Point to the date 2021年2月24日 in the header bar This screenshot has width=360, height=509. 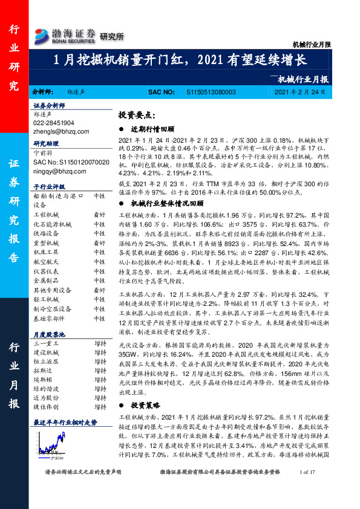point(299,92)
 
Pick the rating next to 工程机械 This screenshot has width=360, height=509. point(99,215)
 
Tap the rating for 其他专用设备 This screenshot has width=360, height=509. point(99,290)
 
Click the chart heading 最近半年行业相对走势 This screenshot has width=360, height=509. point(64,439)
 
